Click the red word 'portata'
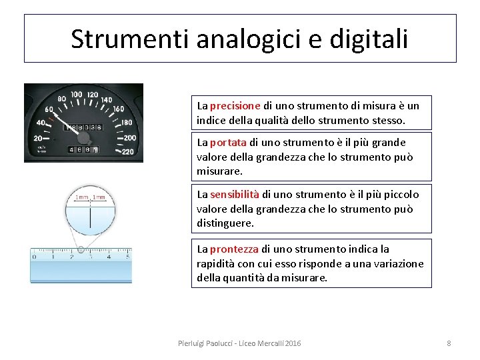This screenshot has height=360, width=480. tap(228, 142)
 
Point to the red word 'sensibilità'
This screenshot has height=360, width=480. tap(235, 194)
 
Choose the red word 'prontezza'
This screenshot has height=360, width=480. tap(234, 249)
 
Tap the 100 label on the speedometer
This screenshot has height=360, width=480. tap(76, 95)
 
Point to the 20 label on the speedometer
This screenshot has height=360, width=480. tap(38, 138)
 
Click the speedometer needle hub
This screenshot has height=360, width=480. tap(83, 138)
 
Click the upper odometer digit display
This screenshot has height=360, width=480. tap(83, 127)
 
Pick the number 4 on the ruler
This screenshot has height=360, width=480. tap(112, 254)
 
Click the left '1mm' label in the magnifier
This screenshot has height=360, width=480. tap(81, 198)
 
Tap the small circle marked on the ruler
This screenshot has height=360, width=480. tap(80, 250)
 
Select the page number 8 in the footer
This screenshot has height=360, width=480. tap(449, 343)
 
